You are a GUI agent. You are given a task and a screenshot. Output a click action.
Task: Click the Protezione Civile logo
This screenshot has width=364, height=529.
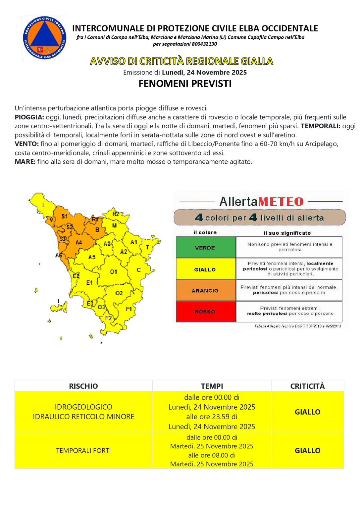click(44, 38)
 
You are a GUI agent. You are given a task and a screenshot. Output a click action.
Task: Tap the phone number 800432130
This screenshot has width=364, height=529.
click(204, 44)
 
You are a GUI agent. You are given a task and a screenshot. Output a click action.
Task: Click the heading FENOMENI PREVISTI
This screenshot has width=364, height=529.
click(185, 84)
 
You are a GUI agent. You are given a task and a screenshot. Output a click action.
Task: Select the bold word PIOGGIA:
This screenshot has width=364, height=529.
click(29, 117)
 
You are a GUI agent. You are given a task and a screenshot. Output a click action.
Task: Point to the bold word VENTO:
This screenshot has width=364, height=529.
click(26, 144)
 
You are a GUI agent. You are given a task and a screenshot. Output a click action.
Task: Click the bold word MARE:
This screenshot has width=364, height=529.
click(25, 162)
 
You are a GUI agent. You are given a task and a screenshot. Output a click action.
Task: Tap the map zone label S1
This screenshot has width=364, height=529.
click(65, 216)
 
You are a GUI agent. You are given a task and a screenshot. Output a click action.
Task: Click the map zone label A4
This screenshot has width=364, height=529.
click(78, 242)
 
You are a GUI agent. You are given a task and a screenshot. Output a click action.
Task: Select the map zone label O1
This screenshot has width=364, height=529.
click(114, 271)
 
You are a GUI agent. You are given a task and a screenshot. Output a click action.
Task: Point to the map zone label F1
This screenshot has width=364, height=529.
click(129, 309)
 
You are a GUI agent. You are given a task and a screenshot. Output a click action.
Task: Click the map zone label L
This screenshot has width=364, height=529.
click(44, 206)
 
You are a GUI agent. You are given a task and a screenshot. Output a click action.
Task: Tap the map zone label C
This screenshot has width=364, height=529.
click(138, 270)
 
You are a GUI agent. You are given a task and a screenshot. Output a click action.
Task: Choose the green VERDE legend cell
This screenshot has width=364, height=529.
click(205, 247)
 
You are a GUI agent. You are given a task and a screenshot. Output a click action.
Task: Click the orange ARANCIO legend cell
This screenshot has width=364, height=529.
click(205, 290)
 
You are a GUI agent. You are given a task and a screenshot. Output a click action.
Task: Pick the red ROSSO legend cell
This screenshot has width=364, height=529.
click(205, 311)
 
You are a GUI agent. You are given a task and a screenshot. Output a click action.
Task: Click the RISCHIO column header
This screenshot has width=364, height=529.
click(83, 386)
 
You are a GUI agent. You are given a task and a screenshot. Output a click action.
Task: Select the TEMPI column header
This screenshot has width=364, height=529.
click(212, 386)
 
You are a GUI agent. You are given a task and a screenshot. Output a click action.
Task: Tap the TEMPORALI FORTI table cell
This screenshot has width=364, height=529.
click(83, 450)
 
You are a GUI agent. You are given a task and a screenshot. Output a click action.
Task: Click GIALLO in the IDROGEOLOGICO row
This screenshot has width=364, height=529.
click(307, 412)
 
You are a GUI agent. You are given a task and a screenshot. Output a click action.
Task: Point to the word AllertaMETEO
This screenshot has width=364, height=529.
click(261, 201)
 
